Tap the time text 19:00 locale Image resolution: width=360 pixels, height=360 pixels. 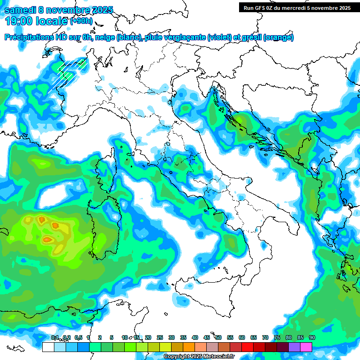click(x=36, y=22)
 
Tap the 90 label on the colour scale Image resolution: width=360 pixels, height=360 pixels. click(x=312, y=337)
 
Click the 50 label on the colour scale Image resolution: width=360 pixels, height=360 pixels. click(x=218, y=337)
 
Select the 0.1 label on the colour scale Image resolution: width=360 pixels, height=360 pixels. click(x=55, y=337)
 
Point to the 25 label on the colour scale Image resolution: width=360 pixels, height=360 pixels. click(x=160, y=337)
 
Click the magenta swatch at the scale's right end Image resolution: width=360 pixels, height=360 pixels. click(x=306, y=347)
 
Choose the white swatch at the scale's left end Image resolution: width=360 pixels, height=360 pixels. click(x=48, y=347)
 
